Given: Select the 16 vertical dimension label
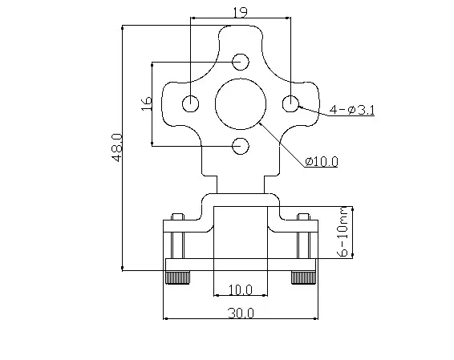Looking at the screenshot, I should [145, 103].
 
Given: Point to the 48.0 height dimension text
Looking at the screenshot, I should [117, 148].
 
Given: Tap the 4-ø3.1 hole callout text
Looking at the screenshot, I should [351, 110].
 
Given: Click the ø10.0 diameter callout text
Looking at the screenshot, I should [321, 161].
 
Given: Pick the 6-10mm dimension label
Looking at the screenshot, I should [343, 233].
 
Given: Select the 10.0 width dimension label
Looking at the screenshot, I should [240, 289].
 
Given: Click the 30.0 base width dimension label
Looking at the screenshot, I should [240, 313].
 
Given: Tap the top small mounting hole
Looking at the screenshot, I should [241, 62].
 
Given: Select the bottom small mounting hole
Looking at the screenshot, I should [241, 145].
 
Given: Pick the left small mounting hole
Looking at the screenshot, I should [191, 103].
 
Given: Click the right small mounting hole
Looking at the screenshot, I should [290, 103].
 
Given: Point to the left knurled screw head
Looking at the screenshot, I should [177, 277].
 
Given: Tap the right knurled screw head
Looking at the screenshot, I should [302, 277].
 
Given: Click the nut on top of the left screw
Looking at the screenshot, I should [177, 216].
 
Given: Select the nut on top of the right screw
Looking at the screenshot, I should [302, 216].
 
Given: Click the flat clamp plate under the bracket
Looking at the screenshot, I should [240, 265].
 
